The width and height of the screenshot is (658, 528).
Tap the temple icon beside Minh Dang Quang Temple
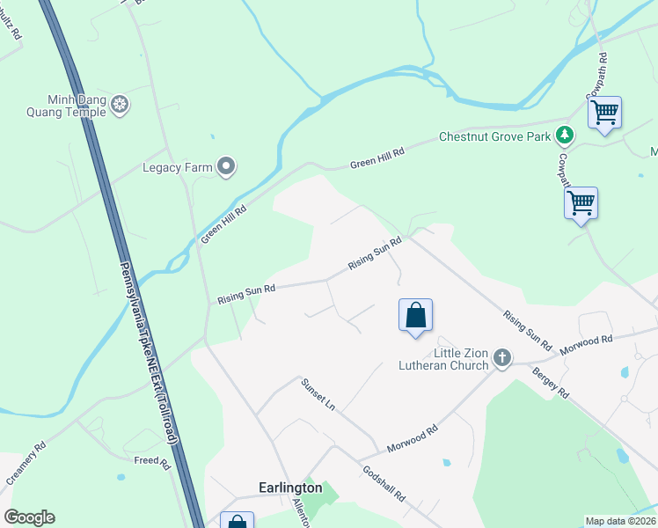pos(121,106)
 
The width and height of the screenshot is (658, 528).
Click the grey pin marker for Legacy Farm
pos(227,166)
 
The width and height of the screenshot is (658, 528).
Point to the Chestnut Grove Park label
pos(494,137)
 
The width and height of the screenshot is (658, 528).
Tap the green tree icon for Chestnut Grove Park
pos(564,136)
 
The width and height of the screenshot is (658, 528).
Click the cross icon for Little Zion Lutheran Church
pos(501,358)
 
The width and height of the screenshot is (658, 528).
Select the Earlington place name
pos(290,488)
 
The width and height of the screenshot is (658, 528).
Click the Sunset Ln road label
pos(318,394)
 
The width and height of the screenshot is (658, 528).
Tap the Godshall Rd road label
pos(384,484)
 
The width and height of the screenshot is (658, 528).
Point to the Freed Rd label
pos(146,460)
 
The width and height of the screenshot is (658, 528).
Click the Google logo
pos(29,517)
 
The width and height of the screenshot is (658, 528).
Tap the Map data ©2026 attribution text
pos(620,521)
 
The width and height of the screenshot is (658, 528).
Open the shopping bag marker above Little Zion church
pos(415,316)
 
